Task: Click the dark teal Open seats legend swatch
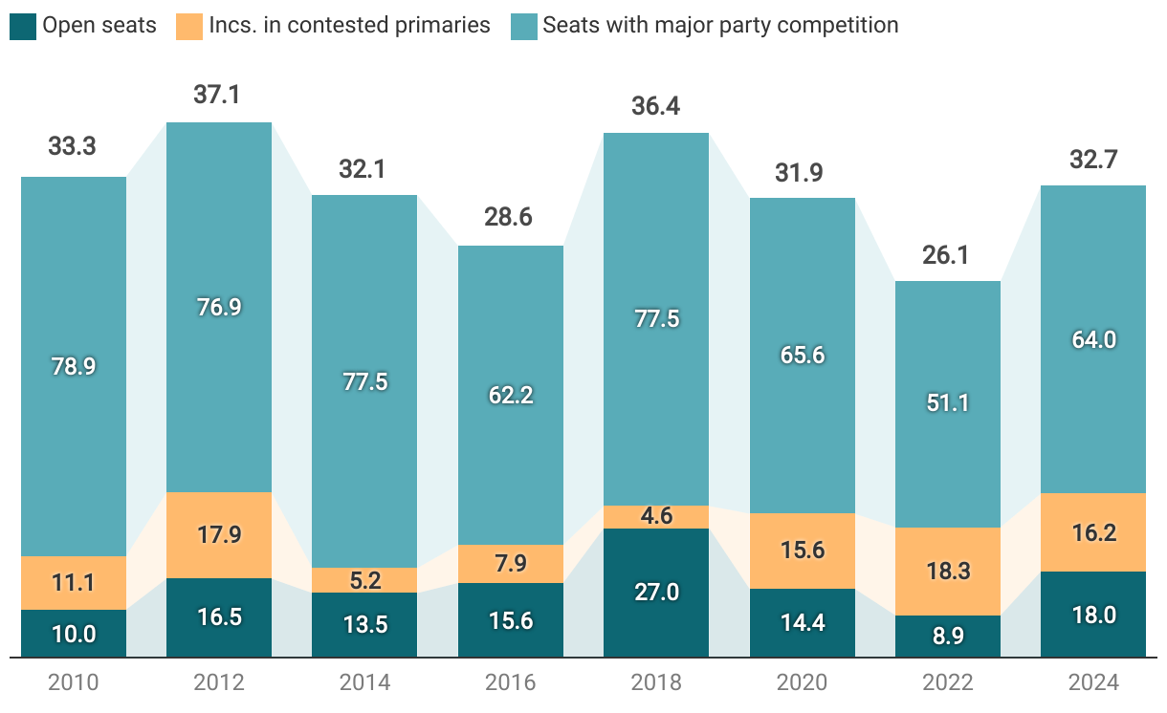[x=23, y=26]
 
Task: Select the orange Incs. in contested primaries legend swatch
[x=189, y=26]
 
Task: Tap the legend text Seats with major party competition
[x=720, y=26]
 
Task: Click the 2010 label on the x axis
[x=74, y=683]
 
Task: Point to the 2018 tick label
[x=656, y=683]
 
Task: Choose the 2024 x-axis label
[x=1093, y=683]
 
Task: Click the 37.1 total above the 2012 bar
[x=219, y=94]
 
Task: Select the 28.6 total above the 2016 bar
[x=511, y=217]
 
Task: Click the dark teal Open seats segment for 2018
[x=656, y=593]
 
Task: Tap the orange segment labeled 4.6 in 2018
[x=656, y=517]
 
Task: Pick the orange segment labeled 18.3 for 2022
[x=948, y=572]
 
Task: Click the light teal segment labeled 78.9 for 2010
[x=74, y=366]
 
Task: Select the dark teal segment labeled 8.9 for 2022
[x=948, y=637]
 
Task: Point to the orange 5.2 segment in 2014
[x=364, y=580]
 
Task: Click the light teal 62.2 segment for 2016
[x=511, y=395]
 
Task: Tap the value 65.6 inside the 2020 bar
[x=802, y=355]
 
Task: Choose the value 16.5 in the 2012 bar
[x=219, y=617]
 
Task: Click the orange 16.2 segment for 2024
[x=1093, y=532]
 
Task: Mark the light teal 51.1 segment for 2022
[x=948, y=403]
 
